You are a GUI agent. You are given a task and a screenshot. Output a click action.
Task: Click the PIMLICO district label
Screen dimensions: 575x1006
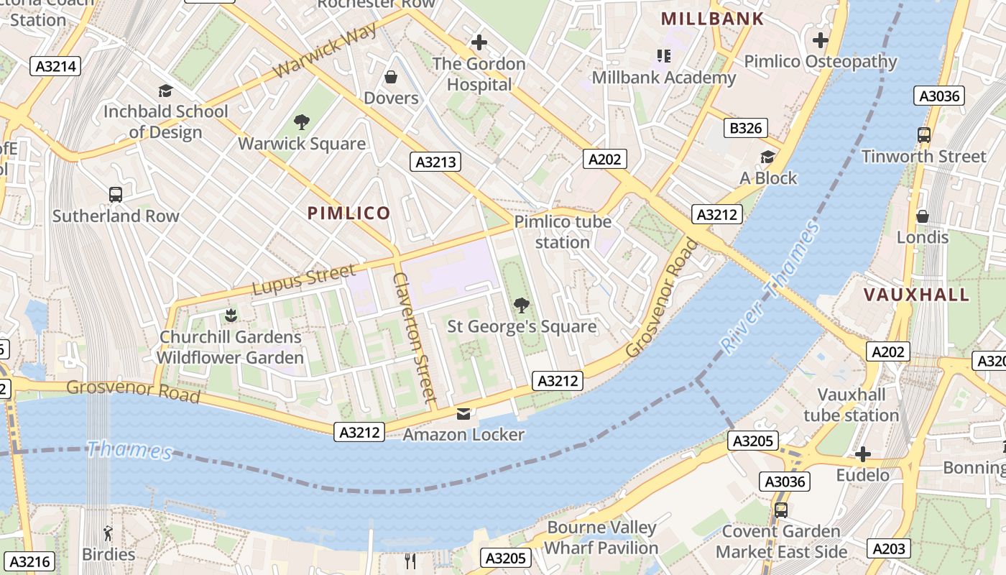349,213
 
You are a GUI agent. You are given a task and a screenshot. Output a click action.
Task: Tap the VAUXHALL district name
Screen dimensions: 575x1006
916,295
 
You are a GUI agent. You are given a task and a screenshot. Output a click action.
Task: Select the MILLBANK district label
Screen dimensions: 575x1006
712,19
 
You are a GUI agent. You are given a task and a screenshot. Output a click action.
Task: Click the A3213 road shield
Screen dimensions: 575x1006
436,162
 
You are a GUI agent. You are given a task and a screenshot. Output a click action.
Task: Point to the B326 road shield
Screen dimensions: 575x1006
744,129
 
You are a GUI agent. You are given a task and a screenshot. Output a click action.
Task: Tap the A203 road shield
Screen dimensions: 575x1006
888,548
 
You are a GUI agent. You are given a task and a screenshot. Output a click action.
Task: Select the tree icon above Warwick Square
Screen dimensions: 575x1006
302,122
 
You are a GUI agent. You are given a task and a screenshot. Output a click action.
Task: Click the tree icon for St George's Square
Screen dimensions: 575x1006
522,305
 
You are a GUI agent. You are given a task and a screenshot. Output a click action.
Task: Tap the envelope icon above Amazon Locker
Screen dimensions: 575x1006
463,414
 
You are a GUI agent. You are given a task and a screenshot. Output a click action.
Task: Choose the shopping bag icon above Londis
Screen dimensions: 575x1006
923,216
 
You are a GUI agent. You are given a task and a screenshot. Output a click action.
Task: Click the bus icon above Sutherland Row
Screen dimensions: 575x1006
115,194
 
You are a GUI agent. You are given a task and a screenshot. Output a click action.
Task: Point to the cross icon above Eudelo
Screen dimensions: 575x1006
863,454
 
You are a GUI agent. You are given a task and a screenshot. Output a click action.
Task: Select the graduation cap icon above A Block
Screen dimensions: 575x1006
768,157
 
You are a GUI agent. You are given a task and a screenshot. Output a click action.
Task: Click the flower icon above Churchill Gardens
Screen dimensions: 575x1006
230,315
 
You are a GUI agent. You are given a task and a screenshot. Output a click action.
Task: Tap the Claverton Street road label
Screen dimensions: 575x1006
415,336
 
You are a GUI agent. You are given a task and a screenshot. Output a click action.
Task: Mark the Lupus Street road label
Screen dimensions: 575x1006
303,280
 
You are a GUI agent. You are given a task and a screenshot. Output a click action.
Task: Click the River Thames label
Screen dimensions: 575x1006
770,287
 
